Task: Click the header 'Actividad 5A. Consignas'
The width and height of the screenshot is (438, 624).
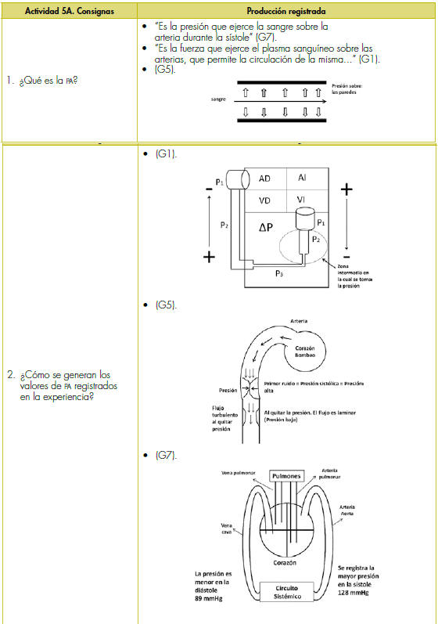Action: click(69, 11)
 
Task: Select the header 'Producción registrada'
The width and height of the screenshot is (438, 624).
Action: click(285, 11)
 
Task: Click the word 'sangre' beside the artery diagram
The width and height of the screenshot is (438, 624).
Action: click(218, 99)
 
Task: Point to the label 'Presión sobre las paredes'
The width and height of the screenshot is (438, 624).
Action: click(347, 88)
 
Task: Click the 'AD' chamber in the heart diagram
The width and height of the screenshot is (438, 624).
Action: click(264, 179)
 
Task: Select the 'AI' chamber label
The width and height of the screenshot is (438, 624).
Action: click(302, 178)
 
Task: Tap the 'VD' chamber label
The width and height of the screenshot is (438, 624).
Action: click(264, 200)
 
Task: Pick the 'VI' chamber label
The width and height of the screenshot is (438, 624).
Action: click(301, 200)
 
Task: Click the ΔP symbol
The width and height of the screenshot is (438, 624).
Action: click(266, 227)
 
